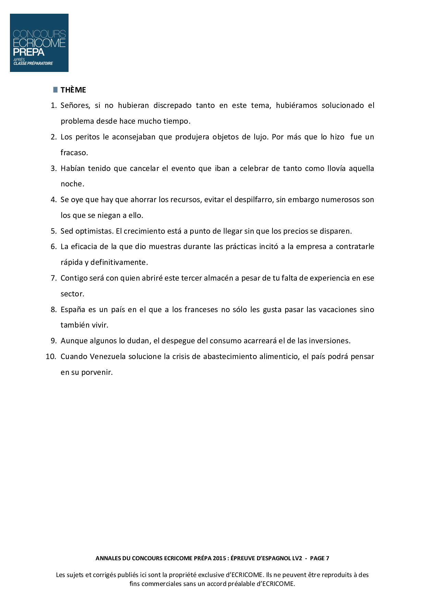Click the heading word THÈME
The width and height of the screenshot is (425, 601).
[x=73, y=90]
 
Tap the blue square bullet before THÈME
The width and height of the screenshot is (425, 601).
[x=56, y=90]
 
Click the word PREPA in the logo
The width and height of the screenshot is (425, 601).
[x=29, y=52]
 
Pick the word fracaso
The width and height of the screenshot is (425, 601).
[x=74, y=153]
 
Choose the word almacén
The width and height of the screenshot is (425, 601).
[x=218, y=278]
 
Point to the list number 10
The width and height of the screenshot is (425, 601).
[x=51, y=357]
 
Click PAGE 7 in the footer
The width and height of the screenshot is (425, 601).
[x=319, y=558]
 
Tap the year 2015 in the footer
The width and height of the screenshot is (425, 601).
[x=219, y=558]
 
